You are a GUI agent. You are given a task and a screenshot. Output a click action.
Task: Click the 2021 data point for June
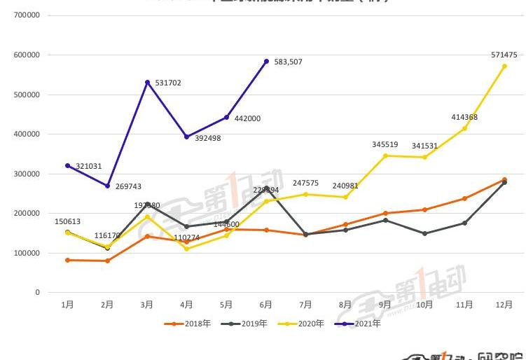pyautogui.click(x=266, y=62)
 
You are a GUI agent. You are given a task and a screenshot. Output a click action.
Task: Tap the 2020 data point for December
pyautogui.click(x=504, y=67)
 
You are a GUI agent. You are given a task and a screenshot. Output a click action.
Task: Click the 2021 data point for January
pyautogui.click(x=67, y=165)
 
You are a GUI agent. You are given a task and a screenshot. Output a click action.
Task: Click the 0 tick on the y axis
pyautogui.click(x=37, y=292)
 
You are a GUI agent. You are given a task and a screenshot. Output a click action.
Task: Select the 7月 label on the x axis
pyautogui.click(x=305, y=305)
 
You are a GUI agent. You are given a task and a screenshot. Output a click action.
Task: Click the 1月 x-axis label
pyautogui.click(x=67, y=305)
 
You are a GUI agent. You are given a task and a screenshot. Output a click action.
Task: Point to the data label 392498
pyautogui.click(x=207, y=138)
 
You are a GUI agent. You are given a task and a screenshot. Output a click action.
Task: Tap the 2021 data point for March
pyautogui.click(x=147, y=82)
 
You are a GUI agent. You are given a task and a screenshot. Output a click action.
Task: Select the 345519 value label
pyautogui.click(x=385, y=144)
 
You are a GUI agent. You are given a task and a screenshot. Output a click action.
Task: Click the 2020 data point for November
pyautogui.click(x=464, y=128)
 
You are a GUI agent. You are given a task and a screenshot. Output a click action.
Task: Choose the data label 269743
pyautogui.click(x=127, y=187)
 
